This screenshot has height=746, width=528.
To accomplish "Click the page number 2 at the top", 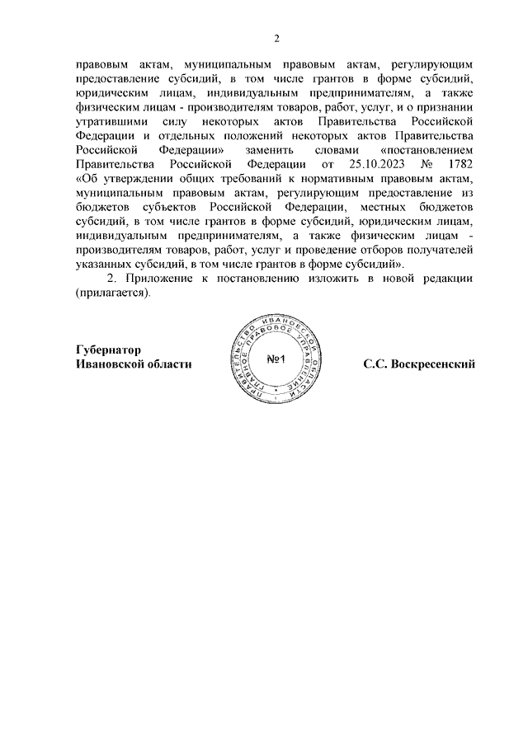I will tap(277, 38).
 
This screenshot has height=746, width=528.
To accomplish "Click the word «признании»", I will tap(446, 107).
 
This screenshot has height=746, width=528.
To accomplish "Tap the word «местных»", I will tap(389, 207).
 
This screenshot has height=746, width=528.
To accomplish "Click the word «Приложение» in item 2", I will tap(158, 279).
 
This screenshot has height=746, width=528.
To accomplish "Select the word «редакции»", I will tap(449, 279).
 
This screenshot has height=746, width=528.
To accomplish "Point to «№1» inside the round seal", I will tap(276, 359).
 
